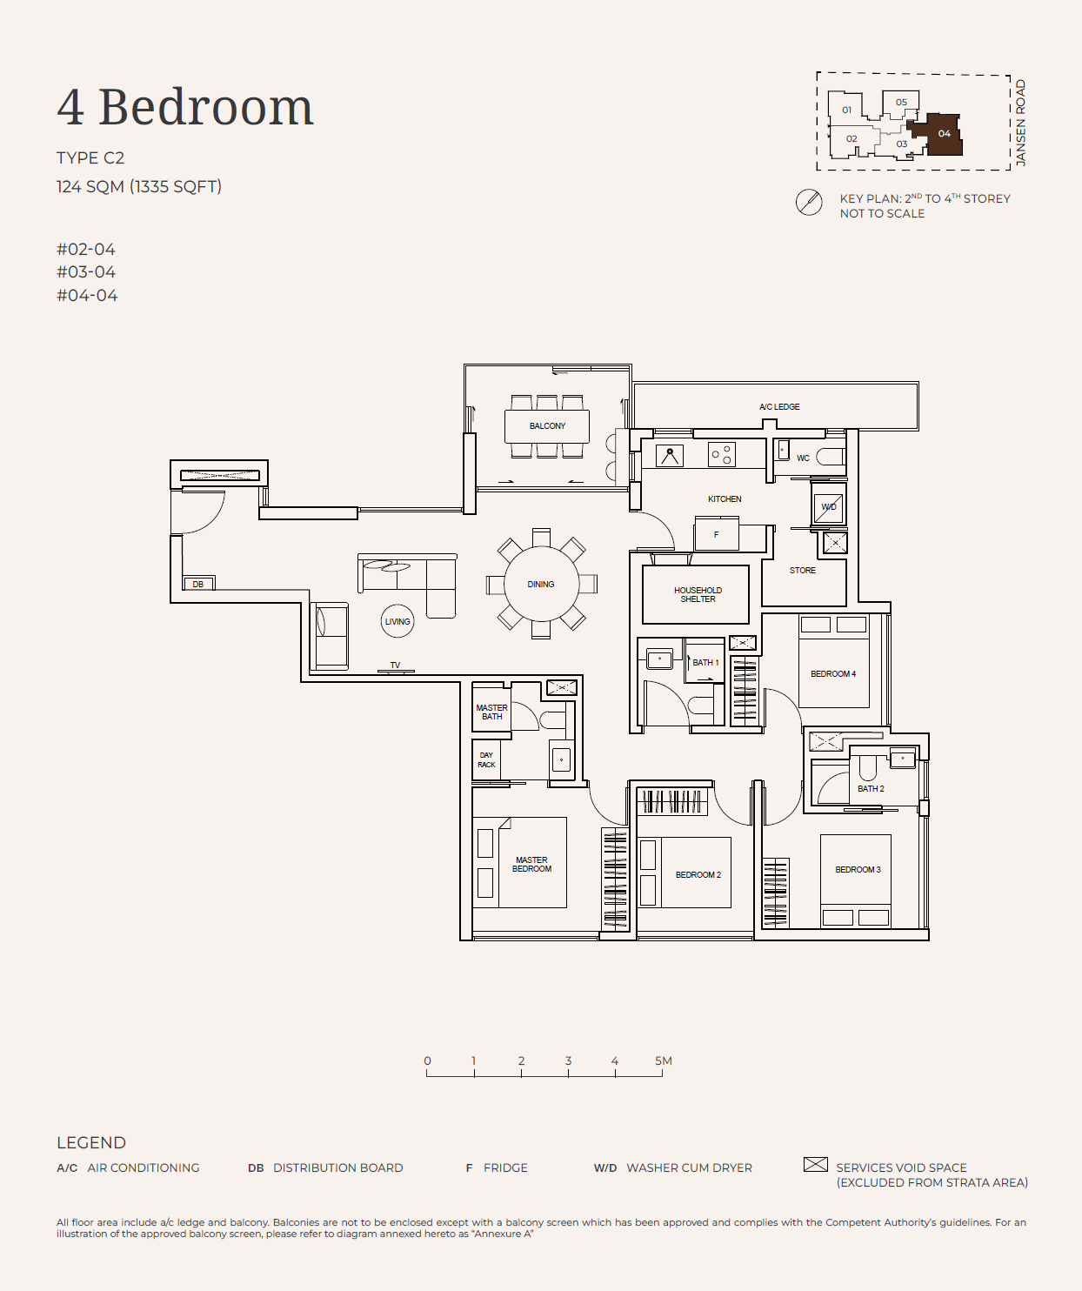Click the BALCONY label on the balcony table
click(x=547, y=426)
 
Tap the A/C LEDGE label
click(x=779, y=407)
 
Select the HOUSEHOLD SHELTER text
click(x=698, y=595)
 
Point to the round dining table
click(x=542, y=584)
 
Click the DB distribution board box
click(x=198, y=584)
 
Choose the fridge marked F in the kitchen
click(x=717, y=533)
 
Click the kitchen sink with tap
click(x=670, y=457)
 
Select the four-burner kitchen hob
click(x=722, y=454)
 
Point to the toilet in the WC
click(x=831, y=457)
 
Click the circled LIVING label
click(x=397, y=621)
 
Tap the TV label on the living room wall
click(x=395, y=666)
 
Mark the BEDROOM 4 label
click(x=833, y=674)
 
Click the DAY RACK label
click(x=486, y=759)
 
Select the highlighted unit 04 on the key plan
click(x=937, y=134)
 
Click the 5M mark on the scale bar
click(x=663, y=1061)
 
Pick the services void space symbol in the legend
click(x=816, y=1165)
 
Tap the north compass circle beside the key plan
click(x=809, y=202)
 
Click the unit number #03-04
click(x=86, y=272)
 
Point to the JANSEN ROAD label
click(x=1021, y=123)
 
